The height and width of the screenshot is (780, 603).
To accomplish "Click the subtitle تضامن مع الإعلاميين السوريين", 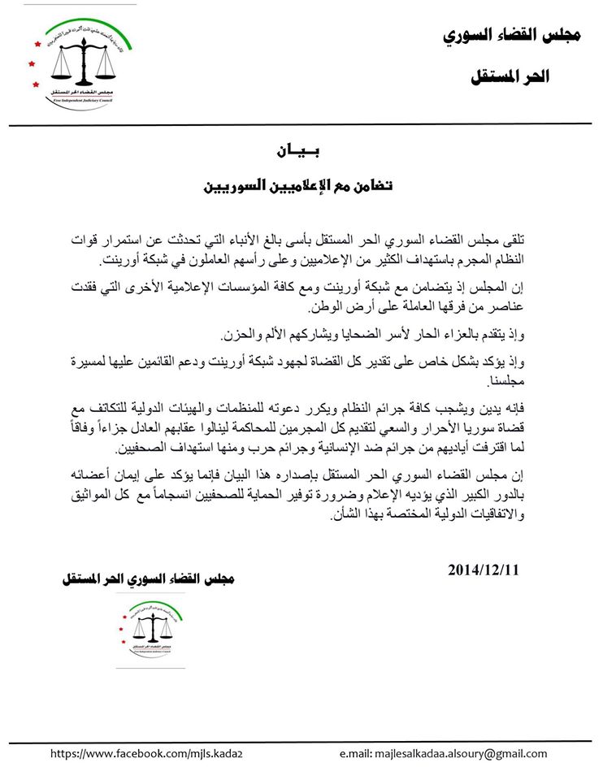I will pyautogui.click(x=297, y=186).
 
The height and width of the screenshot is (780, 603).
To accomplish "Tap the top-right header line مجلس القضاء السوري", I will pyautogui.click(x=512, y=36).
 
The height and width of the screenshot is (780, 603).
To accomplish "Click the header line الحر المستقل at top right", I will pyautogui.click(x=511, y=78).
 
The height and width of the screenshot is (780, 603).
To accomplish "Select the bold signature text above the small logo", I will pyautogui.click(x=149, y=579).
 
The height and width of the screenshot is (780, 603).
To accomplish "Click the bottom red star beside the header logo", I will pyautogui.click(x=36, y=84).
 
